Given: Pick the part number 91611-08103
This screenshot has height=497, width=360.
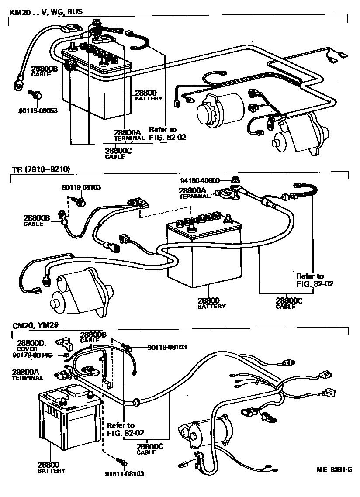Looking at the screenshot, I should [125, 473].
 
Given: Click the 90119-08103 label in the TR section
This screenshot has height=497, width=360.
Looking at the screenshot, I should [81, 187].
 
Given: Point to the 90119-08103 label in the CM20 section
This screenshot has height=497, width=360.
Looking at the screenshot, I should [167, 347].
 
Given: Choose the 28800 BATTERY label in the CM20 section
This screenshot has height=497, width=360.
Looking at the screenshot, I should [51, 467].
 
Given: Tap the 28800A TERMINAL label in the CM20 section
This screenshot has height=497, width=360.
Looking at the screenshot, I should [27, 375].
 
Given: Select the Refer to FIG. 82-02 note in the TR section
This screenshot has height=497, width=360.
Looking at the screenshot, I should [311, 280].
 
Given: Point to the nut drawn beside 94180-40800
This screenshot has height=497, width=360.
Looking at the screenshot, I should [234, 179].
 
